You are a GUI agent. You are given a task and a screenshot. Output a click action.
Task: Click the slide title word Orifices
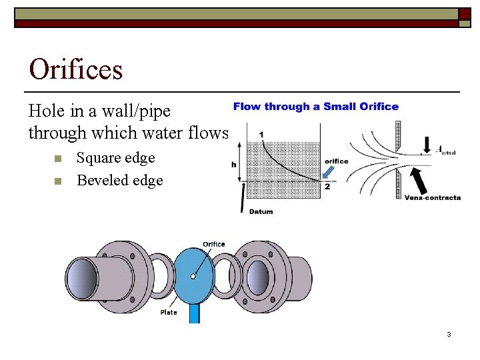pos(76,69)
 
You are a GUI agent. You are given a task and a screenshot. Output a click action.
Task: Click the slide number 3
pos(449,334)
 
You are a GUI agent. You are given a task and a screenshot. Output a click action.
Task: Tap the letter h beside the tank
pos(234,164)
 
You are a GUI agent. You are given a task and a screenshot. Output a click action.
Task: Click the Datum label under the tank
pos(261,211)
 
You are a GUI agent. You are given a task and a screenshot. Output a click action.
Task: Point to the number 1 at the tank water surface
pos(261,135)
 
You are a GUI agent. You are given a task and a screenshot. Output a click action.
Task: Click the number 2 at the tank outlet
pos(327,187)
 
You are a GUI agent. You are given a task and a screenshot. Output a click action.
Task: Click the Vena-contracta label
pos(433,197)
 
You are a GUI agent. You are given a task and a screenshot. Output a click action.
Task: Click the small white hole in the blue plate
pos(193,275)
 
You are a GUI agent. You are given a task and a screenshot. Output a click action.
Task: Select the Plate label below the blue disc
pos(169,312)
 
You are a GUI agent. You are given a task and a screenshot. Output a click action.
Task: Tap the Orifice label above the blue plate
pos(213,244)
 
